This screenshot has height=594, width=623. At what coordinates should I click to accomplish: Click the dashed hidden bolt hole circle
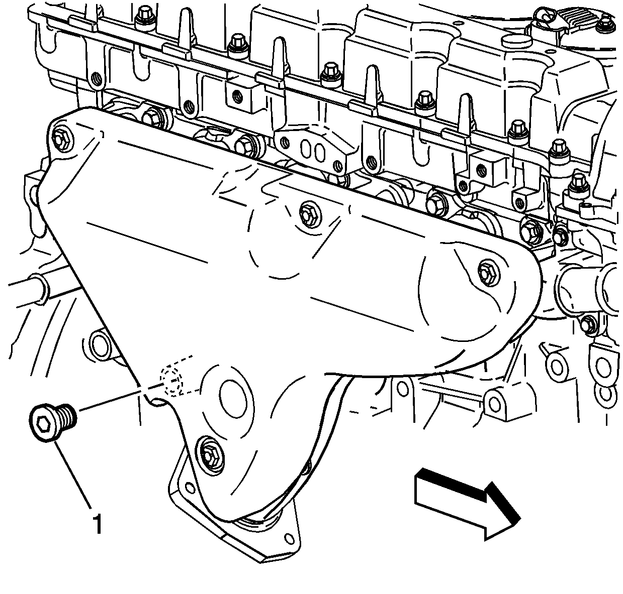click(x=172, y=382)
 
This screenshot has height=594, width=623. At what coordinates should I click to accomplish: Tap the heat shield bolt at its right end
click(x=489, y=272)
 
